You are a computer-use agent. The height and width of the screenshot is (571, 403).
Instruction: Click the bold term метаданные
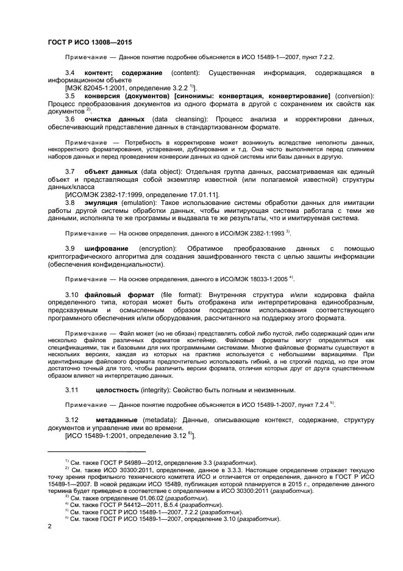pyautogui.click(x=118, y=421)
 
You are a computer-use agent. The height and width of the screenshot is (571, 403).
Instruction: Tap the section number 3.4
pyautogui.click(x=70, y=73)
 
